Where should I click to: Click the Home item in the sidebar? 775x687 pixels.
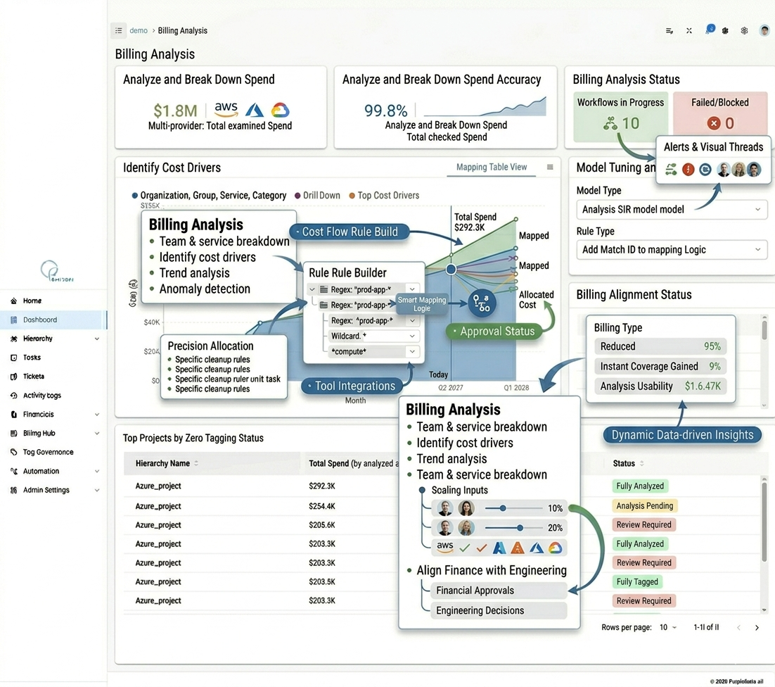click(x=32, y=301)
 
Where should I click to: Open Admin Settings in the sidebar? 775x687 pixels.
click(x=46, y=490)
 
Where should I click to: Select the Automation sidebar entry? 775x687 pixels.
click(x=41, y=471)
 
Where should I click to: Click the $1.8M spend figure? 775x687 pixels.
click(x=175, y=111)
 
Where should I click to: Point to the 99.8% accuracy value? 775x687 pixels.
click(x=385, y=111)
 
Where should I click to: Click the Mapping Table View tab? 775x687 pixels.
click(x=491, y=168)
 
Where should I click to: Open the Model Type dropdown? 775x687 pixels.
click(x=671, y=209)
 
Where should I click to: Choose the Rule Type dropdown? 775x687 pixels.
click(x=671, y=250)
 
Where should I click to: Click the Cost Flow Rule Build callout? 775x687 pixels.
click(x=350, y=232)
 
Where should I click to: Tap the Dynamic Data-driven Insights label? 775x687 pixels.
click(x=681, y=435)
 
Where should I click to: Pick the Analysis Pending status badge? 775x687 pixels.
click(x=644, y=505)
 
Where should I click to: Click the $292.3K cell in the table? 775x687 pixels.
click(x=322, y=486)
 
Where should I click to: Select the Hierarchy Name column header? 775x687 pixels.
click(x=163, y=463)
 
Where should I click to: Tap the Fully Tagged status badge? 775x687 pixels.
click(x=637, y=581)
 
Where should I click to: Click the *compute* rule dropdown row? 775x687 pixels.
click(x=373, y=351)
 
